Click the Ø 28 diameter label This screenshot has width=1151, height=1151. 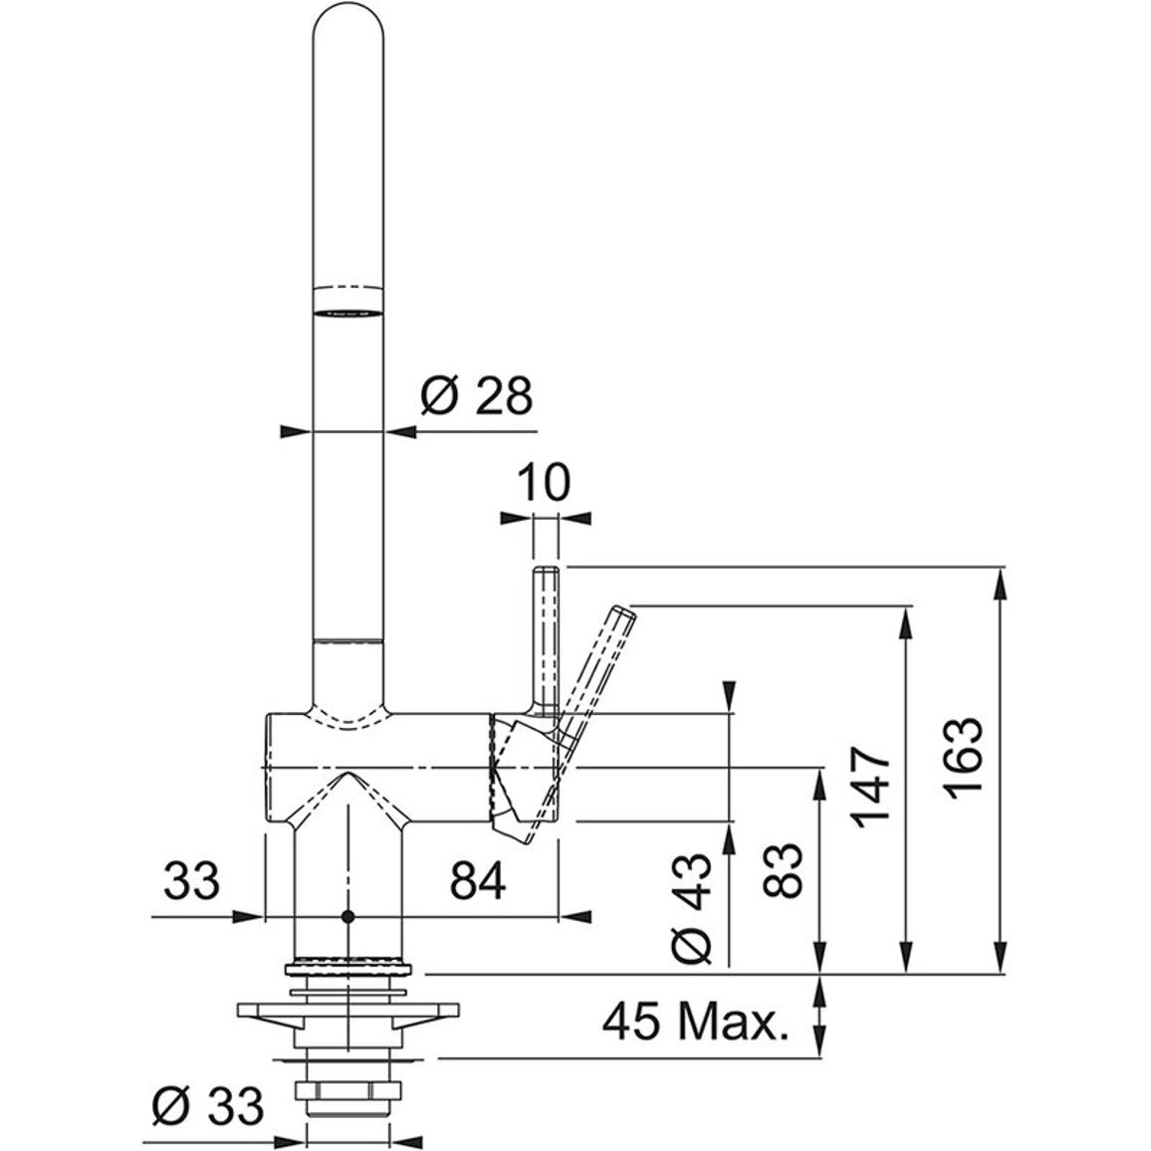(x=476, y=396)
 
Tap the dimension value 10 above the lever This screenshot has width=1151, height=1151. (x=544, y=482)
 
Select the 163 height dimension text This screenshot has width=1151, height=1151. (x=963, y=758)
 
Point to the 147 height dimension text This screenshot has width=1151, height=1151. (x=870, y=788)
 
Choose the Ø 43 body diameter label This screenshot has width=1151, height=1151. (x=692, y=908)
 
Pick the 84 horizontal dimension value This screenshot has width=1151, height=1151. (x=478, y=880)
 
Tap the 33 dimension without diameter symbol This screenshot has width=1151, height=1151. (x=191, y=880)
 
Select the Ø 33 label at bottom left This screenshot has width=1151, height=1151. (x=208, y=1105)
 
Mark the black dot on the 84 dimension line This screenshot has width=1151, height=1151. (x=347, y=917)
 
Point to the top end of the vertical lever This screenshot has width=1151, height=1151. (x=547, y=569)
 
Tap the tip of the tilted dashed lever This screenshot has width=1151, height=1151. (x=624, y=610)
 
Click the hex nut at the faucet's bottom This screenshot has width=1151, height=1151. (x=347, y=1090)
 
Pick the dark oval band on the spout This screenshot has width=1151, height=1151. (x=347, y=313)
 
